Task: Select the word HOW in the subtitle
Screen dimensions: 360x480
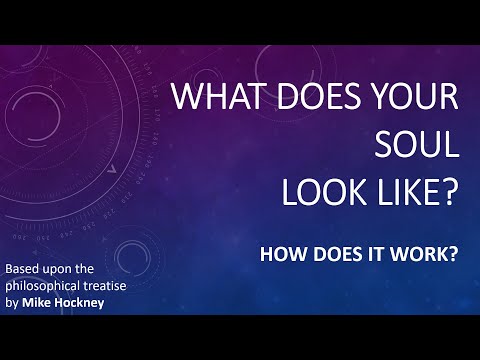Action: [278, 253]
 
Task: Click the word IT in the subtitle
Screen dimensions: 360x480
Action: [366, 253]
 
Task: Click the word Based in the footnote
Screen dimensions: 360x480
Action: [27, 270]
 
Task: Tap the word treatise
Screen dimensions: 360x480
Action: [129, 288]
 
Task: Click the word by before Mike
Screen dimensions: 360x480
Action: [13, 305]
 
